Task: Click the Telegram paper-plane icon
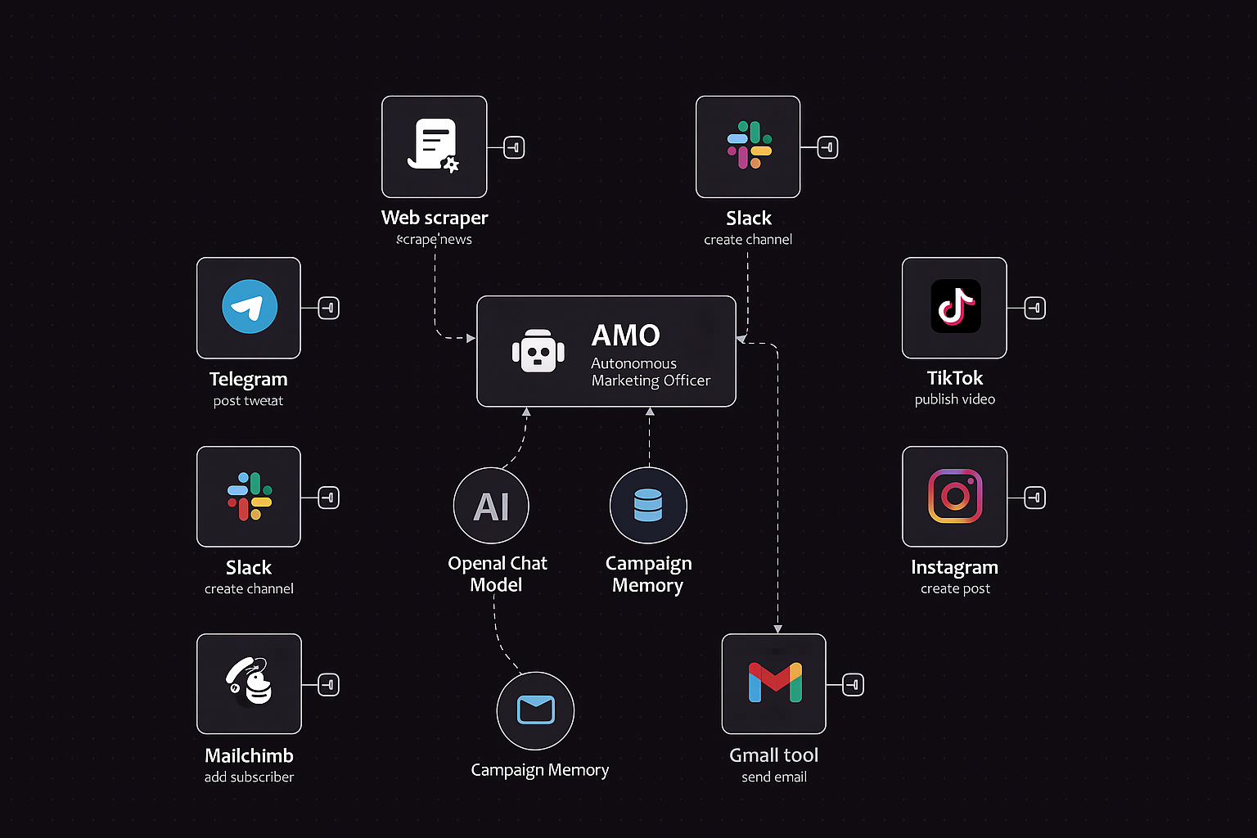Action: [x=250, y=307]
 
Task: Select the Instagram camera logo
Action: [x=955, y=496]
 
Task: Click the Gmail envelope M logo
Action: [x=774, y=683]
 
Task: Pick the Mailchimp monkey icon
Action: [x=250, y=682]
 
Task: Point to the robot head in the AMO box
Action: [x=538, y=352]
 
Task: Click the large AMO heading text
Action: [x=626, y=336]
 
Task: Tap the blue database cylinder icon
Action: [x=648, y=506]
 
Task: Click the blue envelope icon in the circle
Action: [x=535, y=710]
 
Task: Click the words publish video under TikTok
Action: [x=955, y=399]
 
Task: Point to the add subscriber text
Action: [x=249, y=777]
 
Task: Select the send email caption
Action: [x=774, y=777]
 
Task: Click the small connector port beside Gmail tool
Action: [x=853, y=684]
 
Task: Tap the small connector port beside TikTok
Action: [x=1034, y=309]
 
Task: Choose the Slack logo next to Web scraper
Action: [x=749, y=145]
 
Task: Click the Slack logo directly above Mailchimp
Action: [x=250, y=496]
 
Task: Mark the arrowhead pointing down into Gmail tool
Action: [x=777, y=628]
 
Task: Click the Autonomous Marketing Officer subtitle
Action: [x=651, y=372]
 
